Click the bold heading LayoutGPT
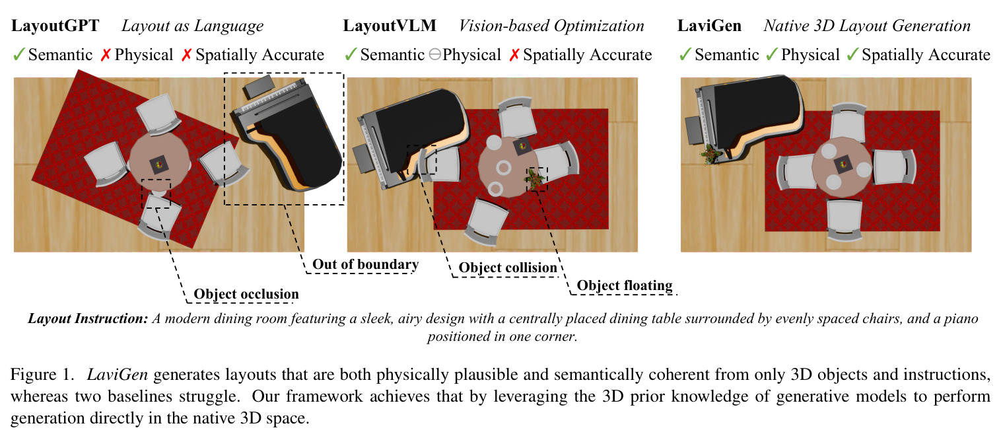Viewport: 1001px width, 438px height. (x=55, y=26)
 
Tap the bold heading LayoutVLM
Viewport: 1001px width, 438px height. (x=389, y=26)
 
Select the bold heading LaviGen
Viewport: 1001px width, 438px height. (x=709, y=26)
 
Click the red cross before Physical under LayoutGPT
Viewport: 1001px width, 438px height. (x=106, y=55)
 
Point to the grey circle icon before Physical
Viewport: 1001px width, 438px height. (x=435, y=55)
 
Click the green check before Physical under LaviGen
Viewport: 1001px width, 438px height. (x=772, y=55)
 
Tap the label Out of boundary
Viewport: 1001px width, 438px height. (x=365, y=264)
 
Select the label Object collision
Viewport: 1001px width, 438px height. (x=508, y=268)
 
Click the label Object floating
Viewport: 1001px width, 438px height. (x=624, y=285)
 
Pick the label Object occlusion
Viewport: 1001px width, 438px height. (x=246, y=294)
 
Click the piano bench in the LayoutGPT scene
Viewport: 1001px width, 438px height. (x=258, y=86)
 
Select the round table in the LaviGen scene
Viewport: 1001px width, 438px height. (x=841, y=167)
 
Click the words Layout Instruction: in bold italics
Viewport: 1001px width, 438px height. (x=88, y=318)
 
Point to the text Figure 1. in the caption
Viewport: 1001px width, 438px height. (x=42, y=374)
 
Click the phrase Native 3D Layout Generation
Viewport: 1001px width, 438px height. (x=867, y=26)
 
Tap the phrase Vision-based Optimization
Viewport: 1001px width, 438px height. (x=551, y=26)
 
